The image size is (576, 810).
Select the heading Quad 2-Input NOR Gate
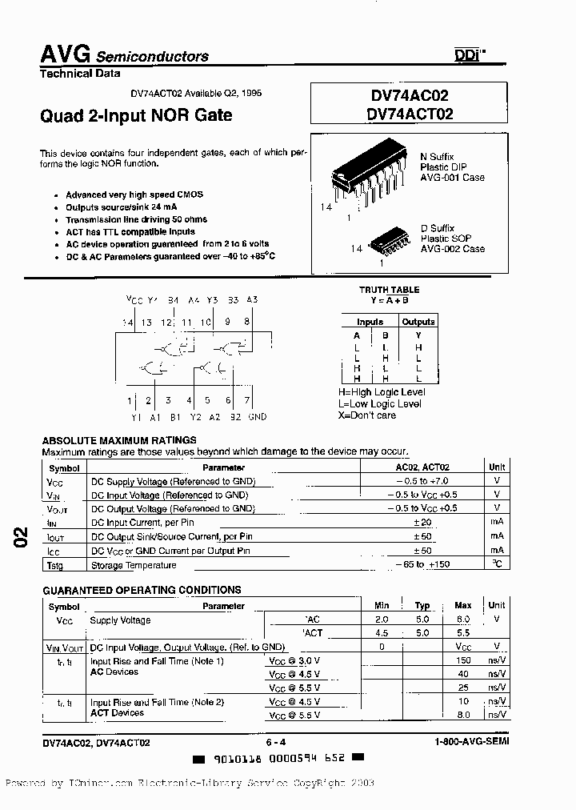click(x=136, y=115)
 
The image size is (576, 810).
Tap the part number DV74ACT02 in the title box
click(x=410, y=114)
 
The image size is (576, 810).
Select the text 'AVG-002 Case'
click(x=453, y=249)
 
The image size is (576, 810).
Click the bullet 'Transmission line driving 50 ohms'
click(x=136, y=219)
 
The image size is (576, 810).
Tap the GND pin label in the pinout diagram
click(x=257, y=417)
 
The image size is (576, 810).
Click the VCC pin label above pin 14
click(x=134, y=300)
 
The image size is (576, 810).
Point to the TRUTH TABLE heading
click(x=390, y=290)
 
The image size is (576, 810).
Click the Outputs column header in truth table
click(x=418, y=322)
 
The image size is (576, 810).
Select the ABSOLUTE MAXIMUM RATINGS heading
click(x=119, y=440)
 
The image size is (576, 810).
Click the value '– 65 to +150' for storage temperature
click(x=422, y=565)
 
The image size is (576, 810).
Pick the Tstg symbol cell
click(x=55, y=566)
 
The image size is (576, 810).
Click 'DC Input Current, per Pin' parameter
click(x=142, y=523)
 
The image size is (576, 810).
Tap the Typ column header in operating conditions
click(x=422, y=606)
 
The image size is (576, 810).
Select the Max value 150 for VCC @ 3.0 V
click(x=463, y=661)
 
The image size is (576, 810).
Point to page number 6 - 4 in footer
click(x=278, y=742)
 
